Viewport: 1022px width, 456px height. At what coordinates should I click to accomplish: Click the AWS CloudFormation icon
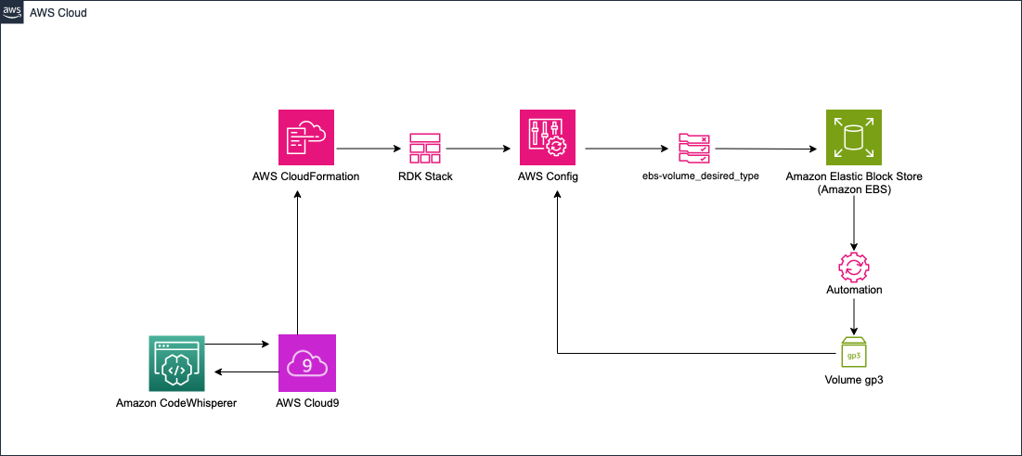(307, 137)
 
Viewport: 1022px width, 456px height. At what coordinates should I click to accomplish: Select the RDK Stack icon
(424, 149)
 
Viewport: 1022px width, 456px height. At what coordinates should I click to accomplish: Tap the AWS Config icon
(547, 137)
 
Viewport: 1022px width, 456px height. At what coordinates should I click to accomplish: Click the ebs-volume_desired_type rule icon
(694, 149)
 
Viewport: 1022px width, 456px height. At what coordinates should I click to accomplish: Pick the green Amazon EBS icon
(853, 137)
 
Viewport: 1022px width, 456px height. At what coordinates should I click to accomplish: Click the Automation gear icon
(853, 267)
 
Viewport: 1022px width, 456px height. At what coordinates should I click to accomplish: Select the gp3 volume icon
(853, 353)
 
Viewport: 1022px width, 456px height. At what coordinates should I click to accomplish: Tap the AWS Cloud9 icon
(307, 363)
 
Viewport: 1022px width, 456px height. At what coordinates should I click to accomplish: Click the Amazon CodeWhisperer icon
(176, 363)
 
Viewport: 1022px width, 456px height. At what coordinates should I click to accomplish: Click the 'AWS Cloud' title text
(58, 13)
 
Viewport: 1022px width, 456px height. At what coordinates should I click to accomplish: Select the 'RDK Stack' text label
(424, 176)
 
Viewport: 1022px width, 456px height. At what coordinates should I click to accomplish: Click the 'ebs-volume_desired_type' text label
(694, 176)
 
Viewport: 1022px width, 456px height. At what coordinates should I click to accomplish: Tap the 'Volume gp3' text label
(853, 380)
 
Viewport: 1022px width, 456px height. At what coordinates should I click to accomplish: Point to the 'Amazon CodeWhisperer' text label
(176, 403)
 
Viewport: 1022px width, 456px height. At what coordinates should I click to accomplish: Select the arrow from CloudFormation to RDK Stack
(367, 148)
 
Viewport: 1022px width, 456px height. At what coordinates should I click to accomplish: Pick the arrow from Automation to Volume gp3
(853, 316)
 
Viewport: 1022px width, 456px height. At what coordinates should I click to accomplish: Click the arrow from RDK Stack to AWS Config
(478, 148)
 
